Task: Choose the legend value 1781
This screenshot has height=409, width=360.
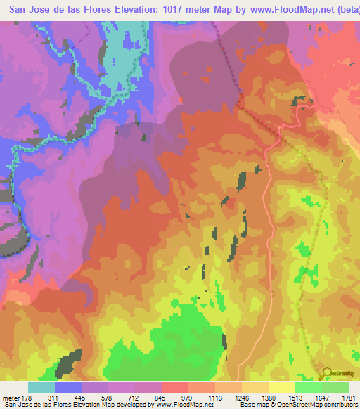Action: tap(347, 396)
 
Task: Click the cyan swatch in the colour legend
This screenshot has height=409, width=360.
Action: tap(41, 387)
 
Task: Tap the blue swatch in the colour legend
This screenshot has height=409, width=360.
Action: tap(68, 387)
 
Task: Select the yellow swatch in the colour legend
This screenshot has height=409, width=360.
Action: tap(281, 387)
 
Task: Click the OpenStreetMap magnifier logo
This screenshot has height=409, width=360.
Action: tap(326, 374)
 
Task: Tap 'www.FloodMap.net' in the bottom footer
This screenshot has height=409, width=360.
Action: tap(184, 405)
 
